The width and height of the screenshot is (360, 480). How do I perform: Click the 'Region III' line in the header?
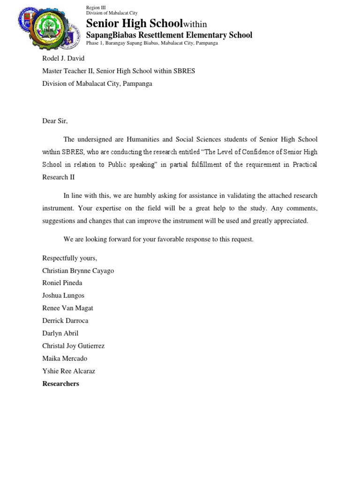[x=96, y=7]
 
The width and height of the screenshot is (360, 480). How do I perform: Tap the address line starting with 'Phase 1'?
[x=152, y=43]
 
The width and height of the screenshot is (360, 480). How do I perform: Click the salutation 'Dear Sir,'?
[x=55, y=121]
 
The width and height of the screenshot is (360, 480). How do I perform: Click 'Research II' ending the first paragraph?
[x=58, y=178]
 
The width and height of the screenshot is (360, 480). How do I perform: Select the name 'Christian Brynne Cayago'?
[x=78, y=270]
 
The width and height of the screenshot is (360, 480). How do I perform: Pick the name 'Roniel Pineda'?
[x=62, y=283]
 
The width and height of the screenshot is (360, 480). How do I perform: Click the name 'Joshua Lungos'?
[x=63, y=295]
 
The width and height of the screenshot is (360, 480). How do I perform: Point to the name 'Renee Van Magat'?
[x=67, y=308]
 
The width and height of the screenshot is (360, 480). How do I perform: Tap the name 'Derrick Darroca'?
[x=65, y=321]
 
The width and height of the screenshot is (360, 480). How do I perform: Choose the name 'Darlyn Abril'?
[x=60, y=333]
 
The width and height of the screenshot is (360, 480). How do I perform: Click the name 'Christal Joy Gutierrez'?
[x=73, y=346]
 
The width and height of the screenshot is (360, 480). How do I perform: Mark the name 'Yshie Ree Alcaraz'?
[x=68, y=371]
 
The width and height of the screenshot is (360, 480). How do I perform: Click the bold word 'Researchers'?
[x=60, y=384]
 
